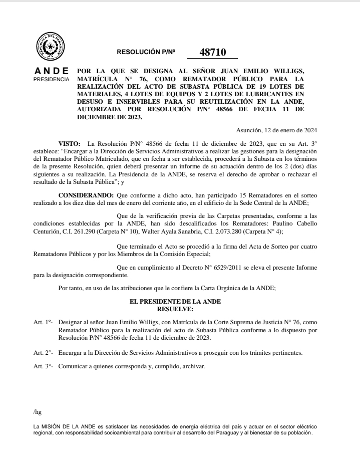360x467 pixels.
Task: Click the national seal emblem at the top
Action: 50,47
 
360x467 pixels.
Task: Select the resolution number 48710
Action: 213,52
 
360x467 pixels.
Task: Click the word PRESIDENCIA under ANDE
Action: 51,79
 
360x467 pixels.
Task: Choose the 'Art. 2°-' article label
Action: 43,353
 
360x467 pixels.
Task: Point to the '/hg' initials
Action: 37,412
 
